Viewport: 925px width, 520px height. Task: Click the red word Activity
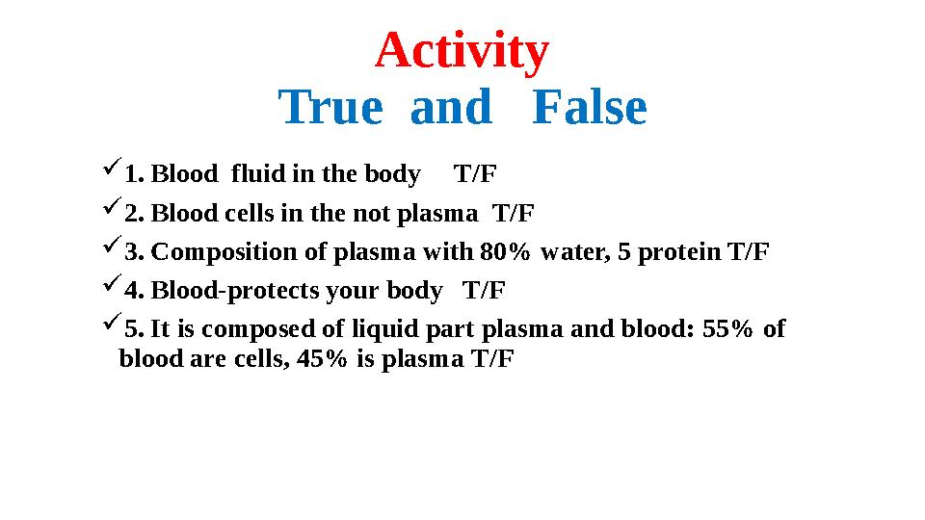[x=462, y=52]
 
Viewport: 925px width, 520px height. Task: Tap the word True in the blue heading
[x=330, y=108]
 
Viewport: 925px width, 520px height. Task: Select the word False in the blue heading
[x=589, y=108]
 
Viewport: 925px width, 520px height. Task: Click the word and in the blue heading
[x=451, y=108]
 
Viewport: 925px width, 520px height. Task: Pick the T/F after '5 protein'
[x=749, y=252]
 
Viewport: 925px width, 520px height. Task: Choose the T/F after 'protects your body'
[x=485, y=291]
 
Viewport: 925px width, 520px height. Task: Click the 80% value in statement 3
[x=505, y=252]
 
